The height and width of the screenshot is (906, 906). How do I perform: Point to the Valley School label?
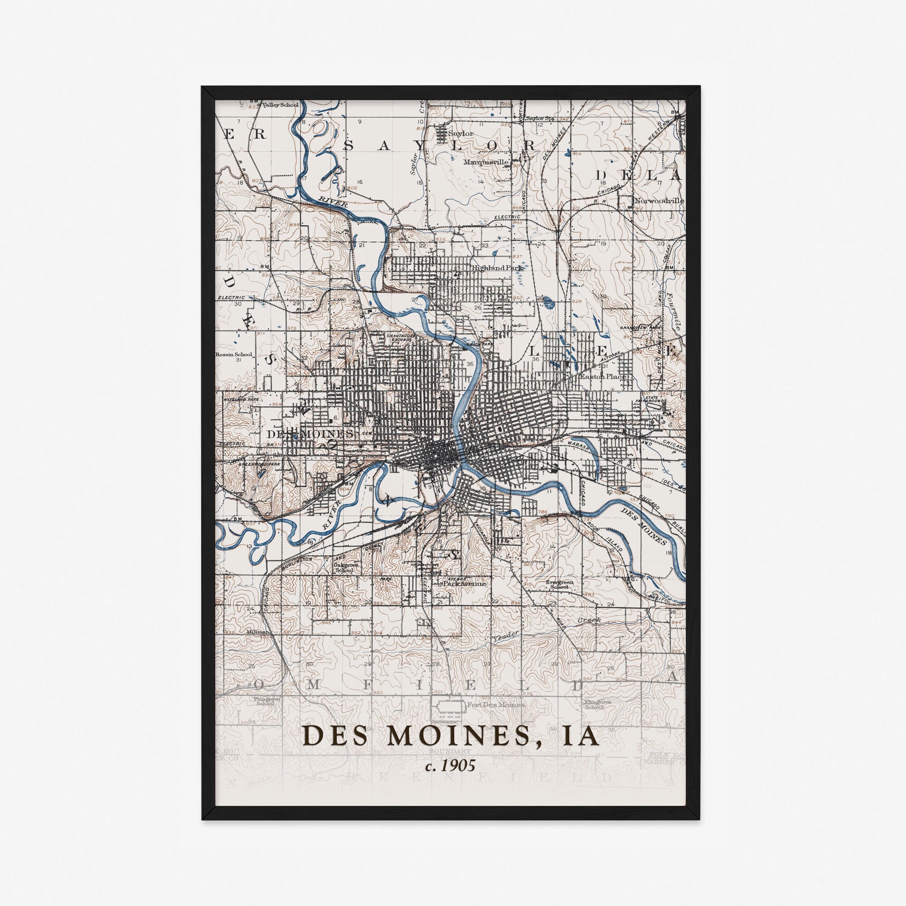(x=280, y=105)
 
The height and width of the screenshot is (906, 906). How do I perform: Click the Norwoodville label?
(x=658, y=201)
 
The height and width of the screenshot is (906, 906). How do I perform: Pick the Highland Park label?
(x=497, y=267)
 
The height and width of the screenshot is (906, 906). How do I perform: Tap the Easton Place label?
(x=603, y=376)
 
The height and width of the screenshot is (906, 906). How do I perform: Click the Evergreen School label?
(x=560, y=584)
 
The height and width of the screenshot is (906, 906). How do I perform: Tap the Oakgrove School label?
(x=343, y=568)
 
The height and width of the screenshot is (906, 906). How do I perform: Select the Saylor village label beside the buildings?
(x=461, y=133)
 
